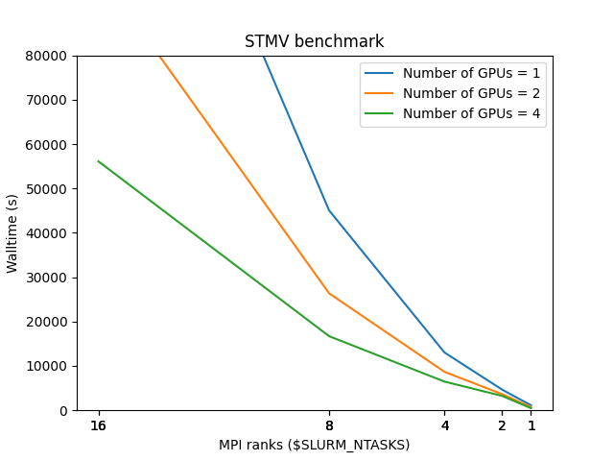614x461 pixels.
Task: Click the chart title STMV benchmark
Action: click(x=314, y=41)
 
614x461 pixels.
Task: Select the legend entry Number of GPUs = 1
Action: click(x=471, y=73)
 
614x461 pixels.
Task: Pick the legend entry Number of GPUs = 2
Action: click(x=471, y=93)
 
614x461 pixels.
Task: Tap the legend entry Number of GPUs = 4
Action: click(x=471, y=113)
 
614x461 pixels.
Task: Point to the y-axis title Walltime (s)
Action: click(x=12, y=233)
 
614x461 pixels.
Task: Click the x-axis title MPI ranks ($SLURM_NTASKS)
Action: click(x=314, y=445)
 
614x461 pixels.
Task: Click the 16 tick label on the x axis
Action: click(x=98, y=425)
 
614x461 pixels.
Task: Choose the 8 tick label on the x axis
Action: click(x=329, y=425)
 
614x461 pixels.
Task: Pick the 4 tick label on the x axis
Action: click(x=444, y=425)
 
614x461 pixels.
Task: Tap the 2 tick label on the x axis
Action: click(x=502, y=425)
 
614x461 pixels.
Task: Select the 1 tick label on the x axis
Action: click(x=531, y=425)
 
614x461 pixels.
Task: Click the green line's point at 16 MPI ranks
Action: click(x=98, y=161)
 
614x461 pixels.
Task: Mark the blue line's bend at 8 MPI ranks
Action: click(x=329, y=210)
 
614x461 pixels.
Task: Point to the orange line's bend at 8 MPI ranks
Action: click(x=329, y=293)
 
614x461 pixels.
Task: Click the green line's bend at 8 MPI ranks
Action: click(x=329, y=336)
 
